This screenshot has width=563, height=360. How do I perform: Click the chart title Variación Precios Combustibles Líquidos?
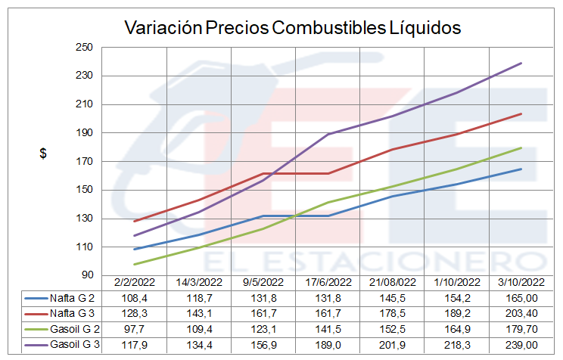click(292, 28)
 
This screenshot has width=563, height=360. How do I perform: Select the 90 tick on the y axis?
click(86, 275)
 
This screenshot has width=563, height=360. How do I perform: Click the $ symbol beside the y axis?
click(43, 153)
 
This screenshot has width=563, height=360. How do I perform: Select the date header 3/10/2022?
click(522, 283)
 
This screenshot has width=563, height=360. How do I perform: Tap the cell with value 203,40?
click(522, 314)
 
